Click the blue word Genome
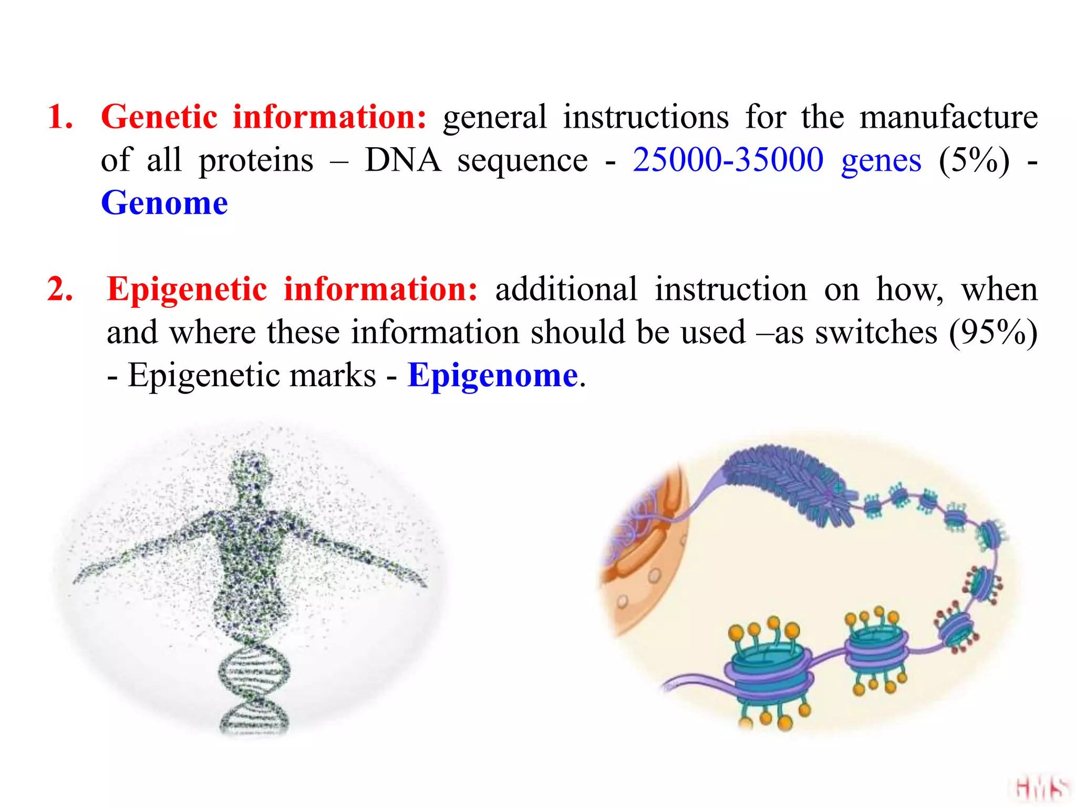click(x=164, y=203)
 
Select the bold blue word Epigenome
click(x=493, y=375)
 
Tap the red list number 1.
click(x=59, y=117)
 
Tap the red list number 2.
click(x=59, y=289)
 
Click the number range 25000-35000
click(x=728, y=160)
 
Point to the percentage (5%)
click(x=974, y=160)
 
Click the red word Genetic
click(x=159, y=117)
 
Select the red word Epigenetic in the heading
click(x=187, y=290)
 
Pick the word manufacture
click(x=948, y=117)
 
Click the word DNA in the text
click(x=402, y=160)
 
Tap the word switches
click(x=876, y=332)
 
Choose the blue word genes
click(x=881, y=161)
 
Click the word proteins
click(x=256, y=161)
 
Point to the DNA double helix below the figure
click(x=254, y=688)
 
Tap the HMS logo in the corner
click(x=1041, y=789)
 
